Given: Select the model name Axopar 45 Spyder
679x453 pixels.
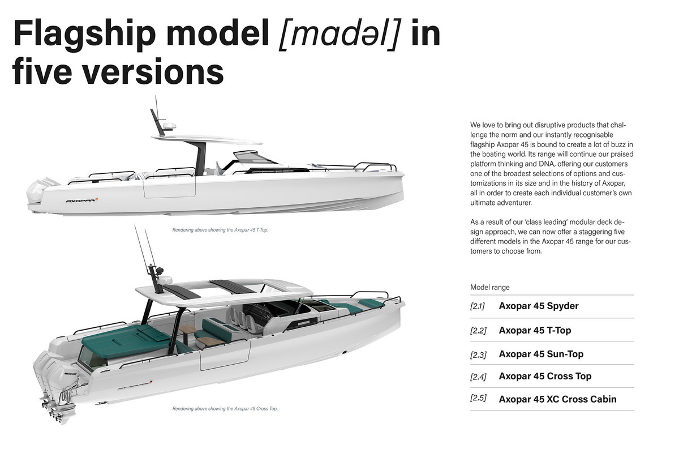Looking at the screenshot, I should pos(539,306).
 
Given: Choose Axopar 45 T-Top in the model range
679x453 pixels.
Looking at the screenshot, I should pos(535,330).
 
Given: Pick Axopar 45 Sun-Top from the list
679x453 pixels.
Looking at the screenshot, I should pos(541,354).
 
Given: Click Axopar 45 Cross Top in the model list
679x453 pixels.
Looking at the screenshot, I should pos(545,376).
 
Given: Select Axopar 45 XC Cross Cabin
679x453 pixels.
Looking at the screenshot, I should pos(557,399).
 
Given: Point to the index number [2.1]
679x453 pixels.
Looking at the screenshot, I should pos(478,306).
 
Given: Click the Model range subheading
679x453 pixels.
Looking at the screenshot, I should pos(489,287).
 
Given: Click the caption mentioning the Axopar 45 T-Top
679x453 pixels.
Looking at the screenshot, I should pos(212,230).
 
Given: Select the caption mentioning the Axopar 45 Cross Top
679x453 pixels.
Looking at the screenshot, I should pos(225,408).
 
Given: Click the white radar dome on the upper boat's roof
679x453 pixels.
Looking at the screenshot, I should pos(169,126).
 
